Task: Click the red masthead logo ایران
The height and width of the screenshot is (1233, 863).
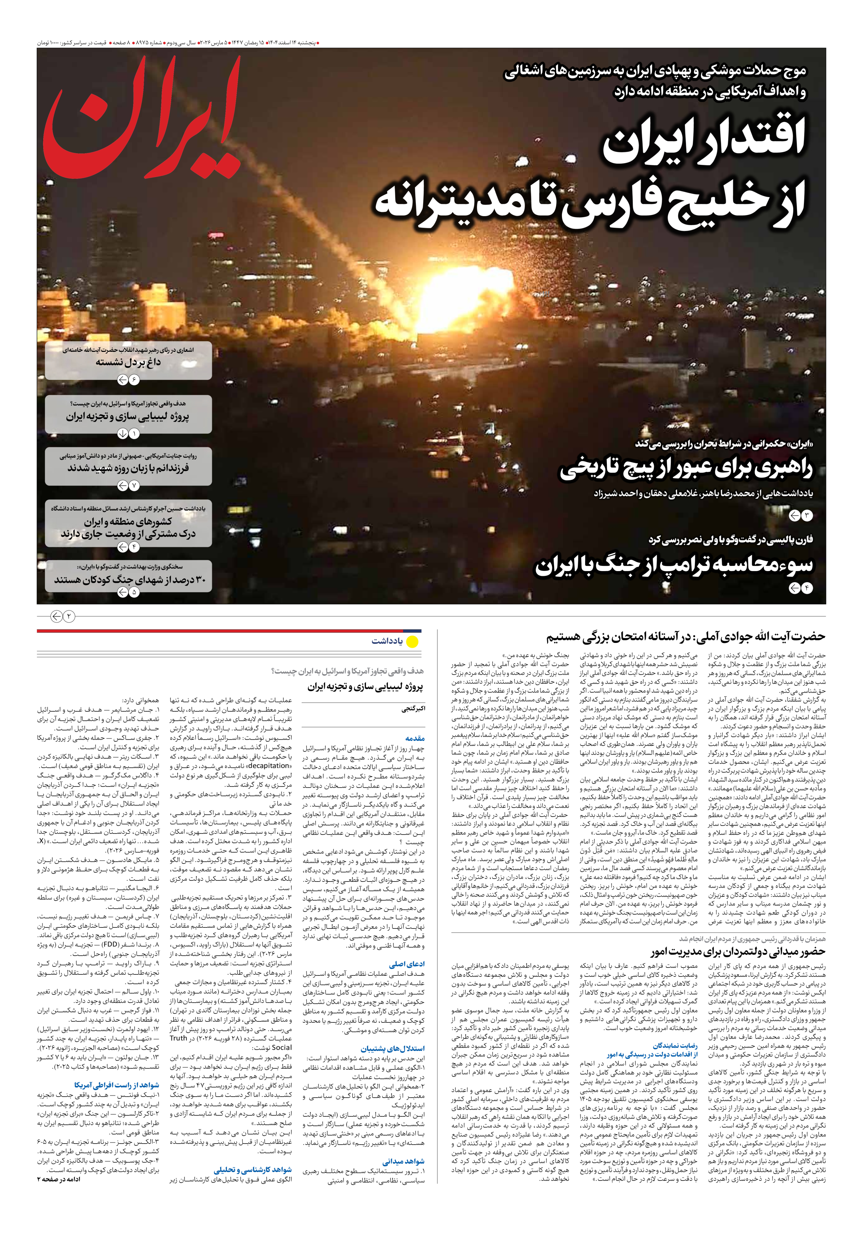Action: (142, 121)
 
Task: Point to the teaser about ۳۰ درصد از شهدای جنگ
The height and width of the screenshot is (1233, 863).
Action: (129, 580)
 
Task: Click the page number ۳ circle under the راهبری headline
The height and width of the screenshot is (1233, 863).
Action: (807, 516)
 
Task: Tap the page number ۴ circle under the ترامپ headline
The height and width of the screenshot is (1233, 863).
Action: (807, 589)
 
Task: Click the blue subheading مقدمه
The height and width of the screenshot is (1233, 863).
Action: (415, 739)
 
